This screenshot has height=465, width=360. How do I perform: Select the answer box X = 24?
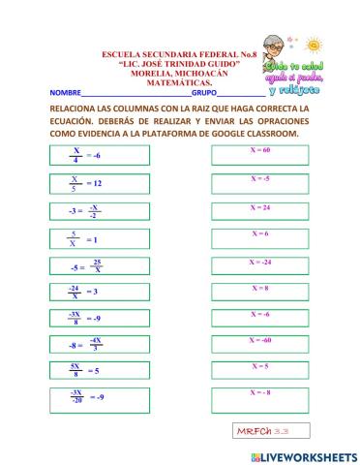(259, 209)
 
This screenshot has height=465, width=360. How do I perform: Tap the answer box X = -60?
(259, 344)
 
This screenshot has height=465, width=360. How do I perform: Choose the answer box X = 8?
(259, 291)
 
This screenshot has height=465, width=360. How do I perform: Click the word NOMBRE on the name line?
(67, 92)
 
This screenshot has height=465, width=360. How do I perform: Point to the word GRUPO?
(204, 92)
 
